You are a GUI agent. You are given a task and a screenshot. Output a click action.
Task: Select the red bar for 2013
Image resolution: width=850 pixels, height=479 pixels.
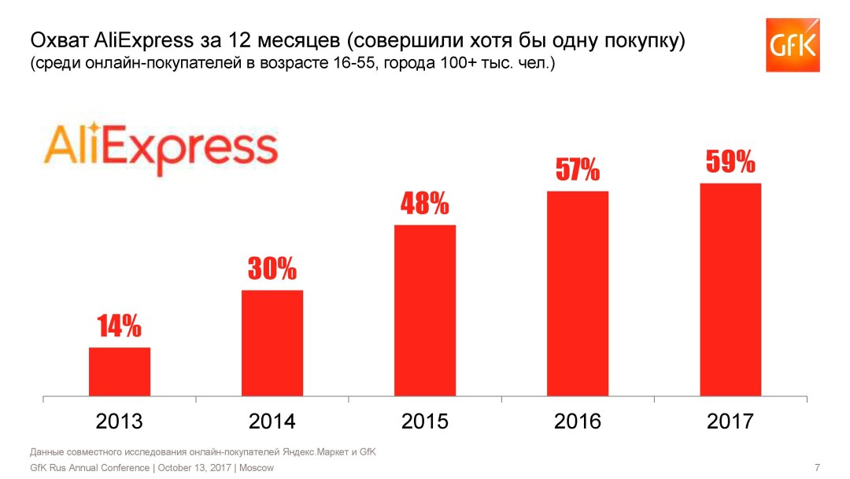click(x=120, y=371)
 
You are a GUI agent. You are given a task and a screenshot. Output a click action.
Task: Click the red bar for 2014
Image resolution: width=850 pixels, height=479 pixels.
click(x=272, y=343)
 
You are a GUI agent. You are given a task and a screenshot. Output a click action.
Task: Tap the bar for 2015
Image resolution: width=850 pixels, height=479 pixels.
click(x=425, y=310)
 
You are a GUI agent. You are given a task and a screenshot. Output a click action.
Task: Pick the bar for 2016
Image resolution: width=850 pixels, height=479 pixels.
click(x=578, y=293)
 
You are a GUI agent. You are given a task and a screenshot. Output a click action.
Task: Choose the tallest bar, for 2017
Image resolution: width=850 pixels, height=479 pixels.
click(x=730, y=289)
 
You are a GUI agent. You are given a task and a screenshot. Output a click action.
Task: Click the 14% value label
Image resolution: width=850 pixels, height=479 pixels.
click(x=120, y=325)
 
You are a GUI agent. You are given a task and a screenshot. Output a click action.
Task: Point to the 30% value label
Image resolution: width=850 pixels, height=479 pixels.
click(x=272, y=269)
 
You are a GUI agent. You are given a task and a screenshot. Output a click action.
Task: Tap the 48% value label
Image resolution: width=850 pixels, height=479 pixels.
click(x=425, y=204)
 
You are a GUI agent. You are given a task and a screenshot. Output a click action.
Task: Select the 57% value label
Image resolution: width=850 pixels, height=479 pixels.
click(x=578, y=169)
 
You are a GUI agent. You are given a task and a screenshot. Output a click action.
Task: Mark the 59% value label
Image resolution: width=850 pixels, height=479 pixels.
click(x=730, y=162)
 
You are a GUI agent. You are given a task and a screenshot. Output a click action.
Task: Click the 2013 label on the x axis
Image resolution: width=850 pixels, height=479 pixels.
click(x=120, y=421)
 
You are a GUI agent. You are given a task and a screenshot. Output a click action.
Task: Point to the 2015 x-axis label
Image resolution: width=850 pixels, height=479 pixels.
click(x=425, y=421)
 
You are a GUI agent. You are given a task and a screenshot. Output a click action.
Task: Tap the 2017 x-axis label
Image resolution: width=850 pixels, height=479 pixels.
click(x=730, y=421)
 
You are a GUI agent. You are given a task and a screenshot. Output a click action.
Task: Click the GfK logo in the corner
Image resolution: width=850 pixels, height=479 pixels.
click(x=793, y=45)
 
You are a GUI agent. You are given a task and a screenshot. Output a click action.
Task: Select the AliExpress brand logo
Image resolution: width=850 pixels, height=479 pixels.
click(x=161, y=148)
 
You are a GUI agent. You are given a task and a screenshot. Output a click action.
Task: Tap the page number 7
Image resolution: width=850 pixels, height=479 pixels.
click(x=817, y=467)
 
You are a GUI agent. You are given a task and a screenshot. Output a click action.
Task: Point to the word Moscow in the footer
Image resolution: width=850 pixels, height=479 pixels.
click(x=257, y=468)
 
